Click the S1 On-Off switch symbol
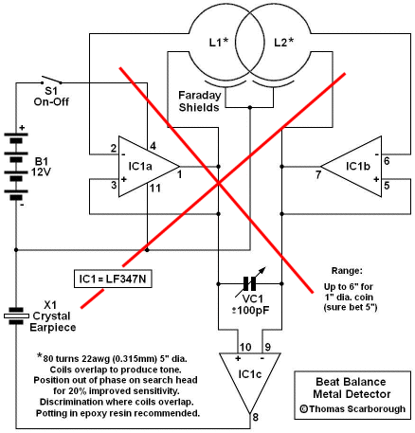(51, 81)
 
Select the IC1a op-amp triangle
(149, 167)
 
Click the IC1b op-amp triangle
(352, 167)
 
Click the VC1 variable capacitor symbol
(250, 283)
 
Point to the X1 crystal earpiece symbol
(16, 316)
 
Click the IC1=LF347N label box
(113, 279)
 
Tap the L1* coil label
(219, 42)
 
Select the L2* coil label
(283, 42)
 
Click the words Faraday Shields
(199, 101)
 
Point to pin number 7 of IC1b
(318, 174)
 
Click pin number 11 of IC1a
(155, 189)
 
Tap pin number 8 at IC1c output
(255, 417)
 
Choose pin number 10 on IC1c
(245, 347)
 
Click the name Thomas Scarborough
(357, 408)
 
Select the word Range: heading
(347, 271)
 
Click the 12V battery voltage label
(41, 172)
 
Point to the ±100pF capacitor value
(251, 311)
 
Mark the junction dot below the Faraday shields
(250, 108)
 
